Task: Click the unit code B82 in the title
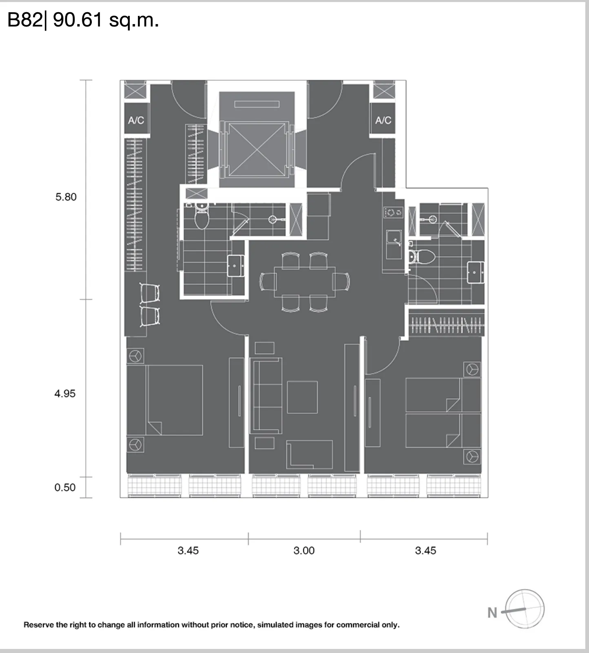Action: (x=24, y=20)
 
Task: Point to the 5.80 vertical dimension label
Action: (x=66, y=197)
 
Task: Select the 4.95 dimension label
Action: (x=65, y=393)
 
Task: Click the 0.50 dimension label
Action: (x=65, y=487)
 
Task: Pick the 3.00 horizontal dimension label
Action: (x=304, y=551)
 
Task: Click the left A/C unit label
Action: (x=136, y=120)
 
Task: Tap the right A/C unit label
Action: (x=383, y=120)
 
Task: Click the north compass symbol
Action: (x=525, y=609)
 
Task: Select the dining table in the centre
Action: (x=305, y=282)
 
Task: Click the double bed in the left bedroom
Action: (x=165, y=400)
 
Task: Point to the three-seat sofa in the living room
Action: (x=267, y=395)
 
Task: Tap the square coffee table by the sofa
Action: (x=302, y=397)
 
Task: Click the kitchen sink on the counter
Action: (x=394, y=244)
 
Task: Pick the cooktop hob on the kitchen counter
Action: (x=394, y=212)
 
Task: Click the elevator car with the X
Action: (x=257, y=150)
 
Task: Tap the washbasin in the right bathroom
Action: (x=476, y=272)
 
